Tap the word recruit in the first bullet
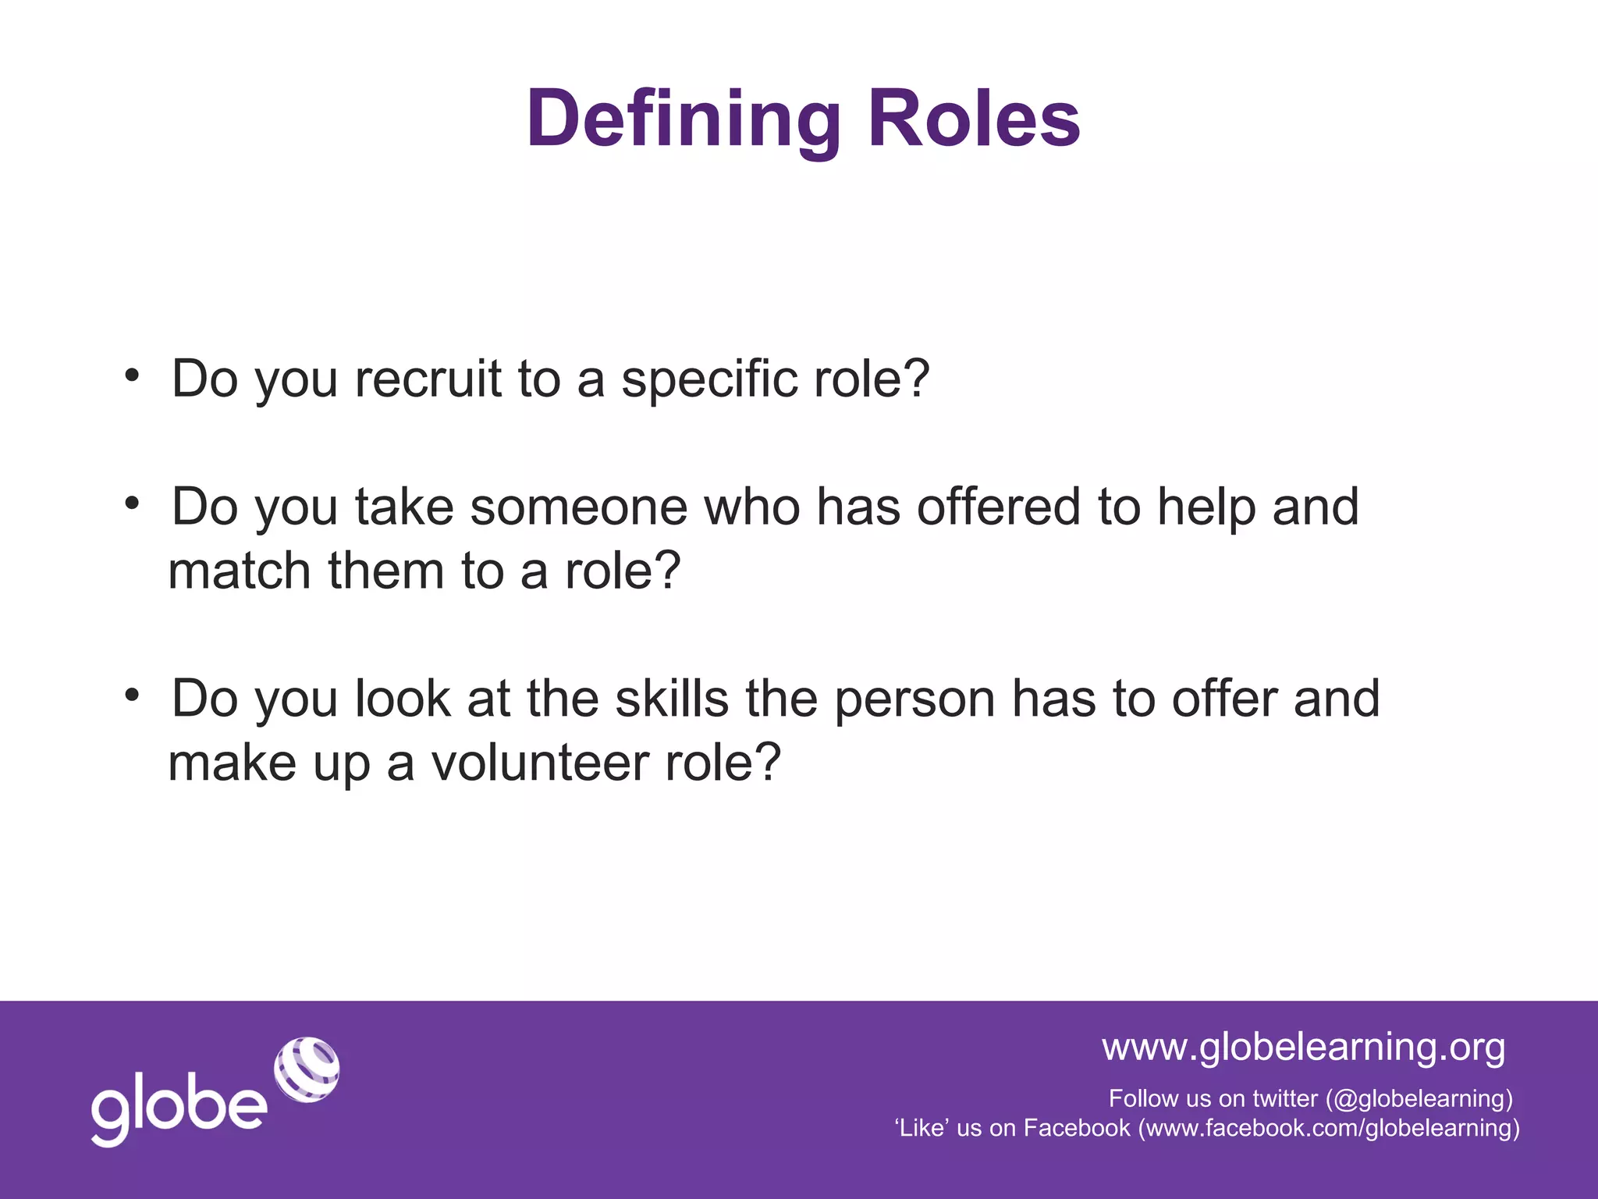pos(428,379)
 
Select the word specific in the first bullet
pos(708,380)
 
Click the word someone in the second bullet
pos(579,507)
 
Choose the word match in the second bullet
pos(240,571)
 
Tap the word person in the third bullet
pos(914,699)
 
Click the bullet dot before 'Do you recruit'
pos(132,375)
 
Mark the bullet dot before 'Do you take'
pos(132,503)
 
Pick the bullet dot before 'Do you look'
pos(132,694)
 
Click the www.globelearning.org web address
pos(1303,1046)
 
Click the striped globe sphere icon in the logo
pos(307,1069)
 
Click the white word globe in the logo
pos(179,1109)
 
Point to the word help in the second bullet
pos(1206,507)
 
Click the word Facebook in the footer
pos(1077,1128)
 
